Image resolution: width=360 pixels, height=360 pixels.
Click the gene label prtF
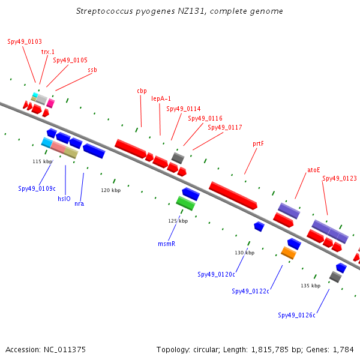(258, 144)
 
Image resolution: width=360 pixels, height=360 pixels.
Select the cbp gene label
(142, 91)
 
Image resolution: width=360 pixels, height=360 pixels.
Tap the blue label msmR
(167, 244)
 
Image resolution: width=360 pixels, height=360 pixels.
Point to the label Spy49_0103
(25, 41)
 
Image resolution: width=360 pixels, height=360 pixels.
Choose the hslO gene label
(64, 199)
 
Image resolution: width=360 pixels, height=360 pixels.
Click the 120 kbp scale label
(110, 190)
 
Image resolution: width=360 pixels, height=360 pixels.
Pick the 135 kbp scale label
(310, 286)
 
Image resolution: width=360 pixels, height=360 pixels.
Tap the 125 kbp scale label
(178, 221)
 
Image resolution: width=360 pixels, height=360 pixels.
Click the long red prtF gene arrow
(233, 196)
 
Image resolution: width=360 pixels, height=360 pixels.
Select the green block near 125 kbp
(185, 203)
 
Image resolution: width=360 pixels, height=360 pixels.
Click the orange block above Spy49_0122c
(289, 253)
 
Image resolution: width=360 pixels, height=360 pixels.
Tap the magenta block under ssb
(50, 103)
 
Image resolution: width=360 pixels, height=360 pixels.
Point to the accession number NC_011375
(65, 350)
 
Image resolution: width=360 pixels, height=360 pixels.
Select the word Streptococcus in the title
(104, 11)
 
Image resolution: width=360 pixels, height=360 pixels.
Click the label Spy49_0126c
(296, 315)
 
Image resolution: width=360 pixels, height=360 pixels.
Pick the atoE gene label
(314, 170)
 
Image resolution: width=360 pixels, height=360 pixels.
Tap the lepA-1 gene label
(161, 99)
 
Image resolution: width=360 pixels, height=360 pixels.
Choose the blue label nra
(79, 203)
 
